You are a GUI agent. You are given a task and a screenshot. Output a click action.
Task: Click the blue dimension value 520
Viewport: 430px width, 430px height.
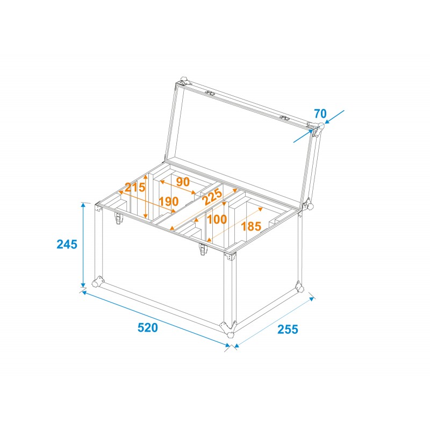(x=147, y=328)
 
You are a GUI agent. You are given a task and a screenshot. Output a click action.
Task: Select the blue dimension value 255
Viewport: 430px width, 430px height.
(x=288, y=328)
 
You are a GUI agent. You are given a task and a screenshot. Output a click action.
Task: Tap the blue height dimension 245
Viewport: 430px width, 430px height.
(x=67, y=244)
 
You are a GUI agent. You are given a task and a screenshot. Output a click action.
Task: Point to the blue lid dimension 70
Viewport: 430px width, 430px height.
(x=320, y=114)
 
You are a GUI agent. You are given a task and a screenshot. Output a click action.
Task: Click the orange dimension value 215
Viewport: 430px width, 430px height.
(x=135, y=188)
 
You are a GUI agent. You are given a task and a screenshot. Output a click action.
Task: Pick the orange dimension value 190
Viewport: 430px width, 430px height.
(x=168, y=202)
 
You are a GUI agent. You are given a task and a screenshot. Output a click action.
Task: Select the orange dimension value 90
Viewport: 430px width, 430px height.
(x=183, y=182)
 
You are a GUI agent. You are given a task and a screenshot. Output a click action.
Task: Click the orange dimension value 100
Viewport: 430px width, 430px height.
(x=217, y=219)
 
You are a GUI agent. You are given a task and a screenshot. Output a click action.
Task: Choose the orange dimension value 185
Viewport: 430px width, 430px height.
(x=251, y=226)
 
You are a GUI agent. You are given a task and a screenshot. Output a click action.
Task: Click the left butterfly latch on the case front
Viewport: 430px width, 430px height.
(x=118, y=219)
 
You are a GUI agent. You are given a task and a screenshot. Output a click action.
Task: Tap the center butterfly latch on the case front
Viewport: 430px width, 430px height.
(x=203, y=249)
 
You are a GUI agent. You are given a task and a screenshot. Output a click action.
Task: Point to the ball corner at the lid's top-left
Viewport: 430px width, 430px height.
(x=184, y=82)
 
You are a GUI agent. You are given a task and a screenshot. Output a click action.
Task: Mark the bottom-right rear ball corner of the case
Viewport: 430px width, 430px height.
(x=299, y=287)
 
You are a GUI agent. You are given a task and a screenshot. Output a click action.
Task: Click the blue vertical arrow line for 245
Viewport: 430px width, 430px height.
(x=83, y=245)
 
